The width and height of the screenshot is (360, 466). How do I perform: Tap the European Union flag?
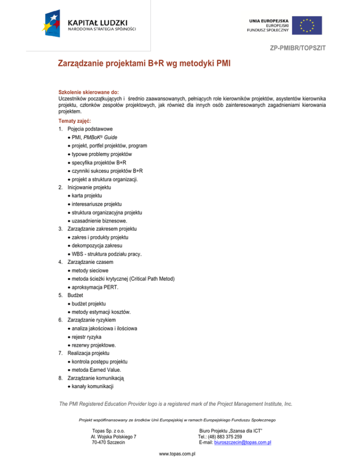[x=308, y=25]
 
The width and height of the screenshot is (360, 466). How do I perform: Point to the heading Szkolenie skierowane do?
[x=88, y=92]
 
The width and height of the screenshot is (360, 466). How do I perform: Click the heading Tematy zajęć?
[x=75, y=121]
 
